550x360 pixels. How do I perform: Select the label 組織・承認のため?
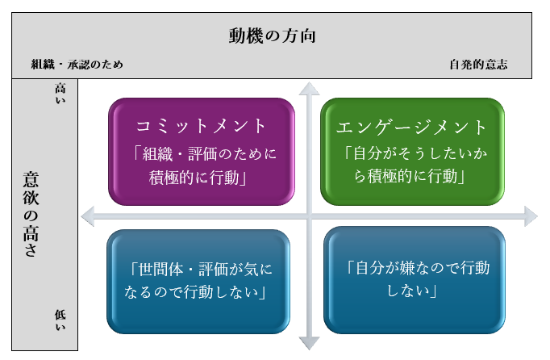coord(77,65)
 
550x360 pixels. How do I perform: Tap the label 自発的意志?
coord(478,65)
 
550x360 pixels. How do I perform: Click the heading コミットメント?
coord(201,126)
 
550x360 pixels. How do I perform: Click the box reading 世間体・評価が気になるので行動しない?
coord(198,281)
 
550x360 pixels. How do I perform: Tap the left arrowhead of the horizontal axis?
coord(87,215)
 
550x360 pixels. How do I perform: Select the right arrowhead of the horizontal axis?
coord(530,215)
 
